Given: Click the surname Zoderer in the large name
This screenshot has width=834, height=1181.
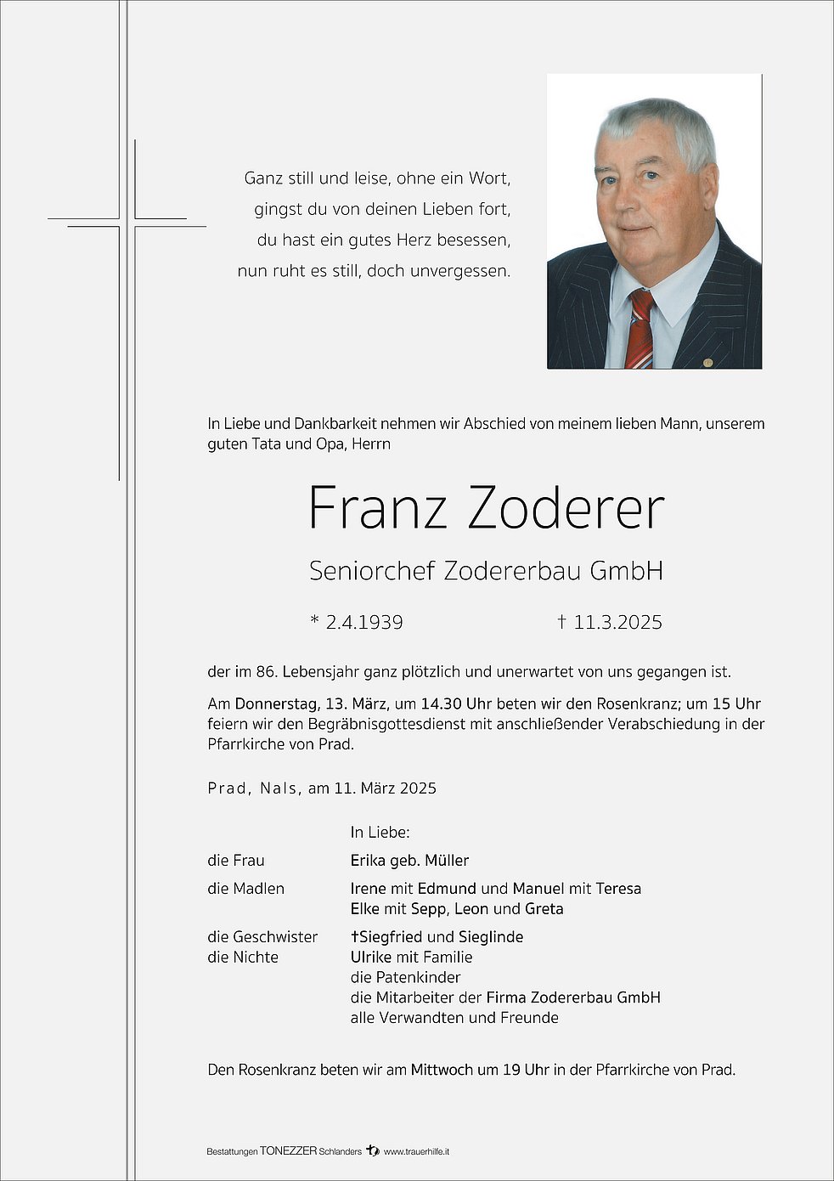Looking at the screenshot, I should [566, 508].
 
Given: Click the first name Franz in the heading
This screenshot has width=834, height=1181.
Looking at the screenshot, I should [377, 508].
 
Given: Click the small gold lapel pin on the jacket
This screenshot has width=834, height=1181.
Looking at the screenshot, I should [707, 363].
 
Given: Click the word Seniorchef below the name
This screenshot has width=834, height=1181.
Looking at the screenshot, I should [372, 571].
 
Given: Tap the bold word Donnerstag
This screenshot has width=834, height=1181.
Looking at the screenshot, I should [275, 704].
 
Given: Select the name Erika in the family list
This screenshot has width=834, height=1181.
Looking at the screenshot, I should [368, 861].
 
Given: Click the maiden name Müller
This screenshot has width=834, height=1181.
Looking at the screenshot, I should [447, 861].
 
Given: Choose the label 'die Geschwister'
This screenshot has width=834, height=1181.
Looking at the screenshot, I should [262, 936].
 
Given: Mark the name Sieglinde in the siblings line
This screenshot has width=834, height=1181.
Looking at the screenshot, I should [491, 936].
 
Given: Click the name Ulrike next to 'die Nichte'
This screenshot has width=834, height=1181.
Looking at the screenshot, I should [371, 957].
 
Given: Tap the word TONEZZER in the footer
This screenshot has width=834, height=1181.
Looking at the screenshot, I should [288, 1151].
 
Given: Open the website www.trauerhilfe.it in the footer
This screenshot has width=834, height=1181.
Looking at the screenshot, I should [416, 1151].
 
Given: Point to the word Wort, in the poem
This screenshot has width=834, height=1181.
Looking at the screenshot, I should [488, 178].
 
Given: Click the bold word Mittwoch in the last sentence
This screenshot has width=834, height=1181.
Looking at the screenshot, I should [442, 1070].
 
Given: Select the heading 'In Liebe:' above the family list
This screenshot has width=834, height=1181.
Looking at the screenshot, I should [380, 833].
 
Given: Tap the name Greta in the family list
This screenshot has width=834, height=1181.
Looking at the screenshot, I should [544, 908].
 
